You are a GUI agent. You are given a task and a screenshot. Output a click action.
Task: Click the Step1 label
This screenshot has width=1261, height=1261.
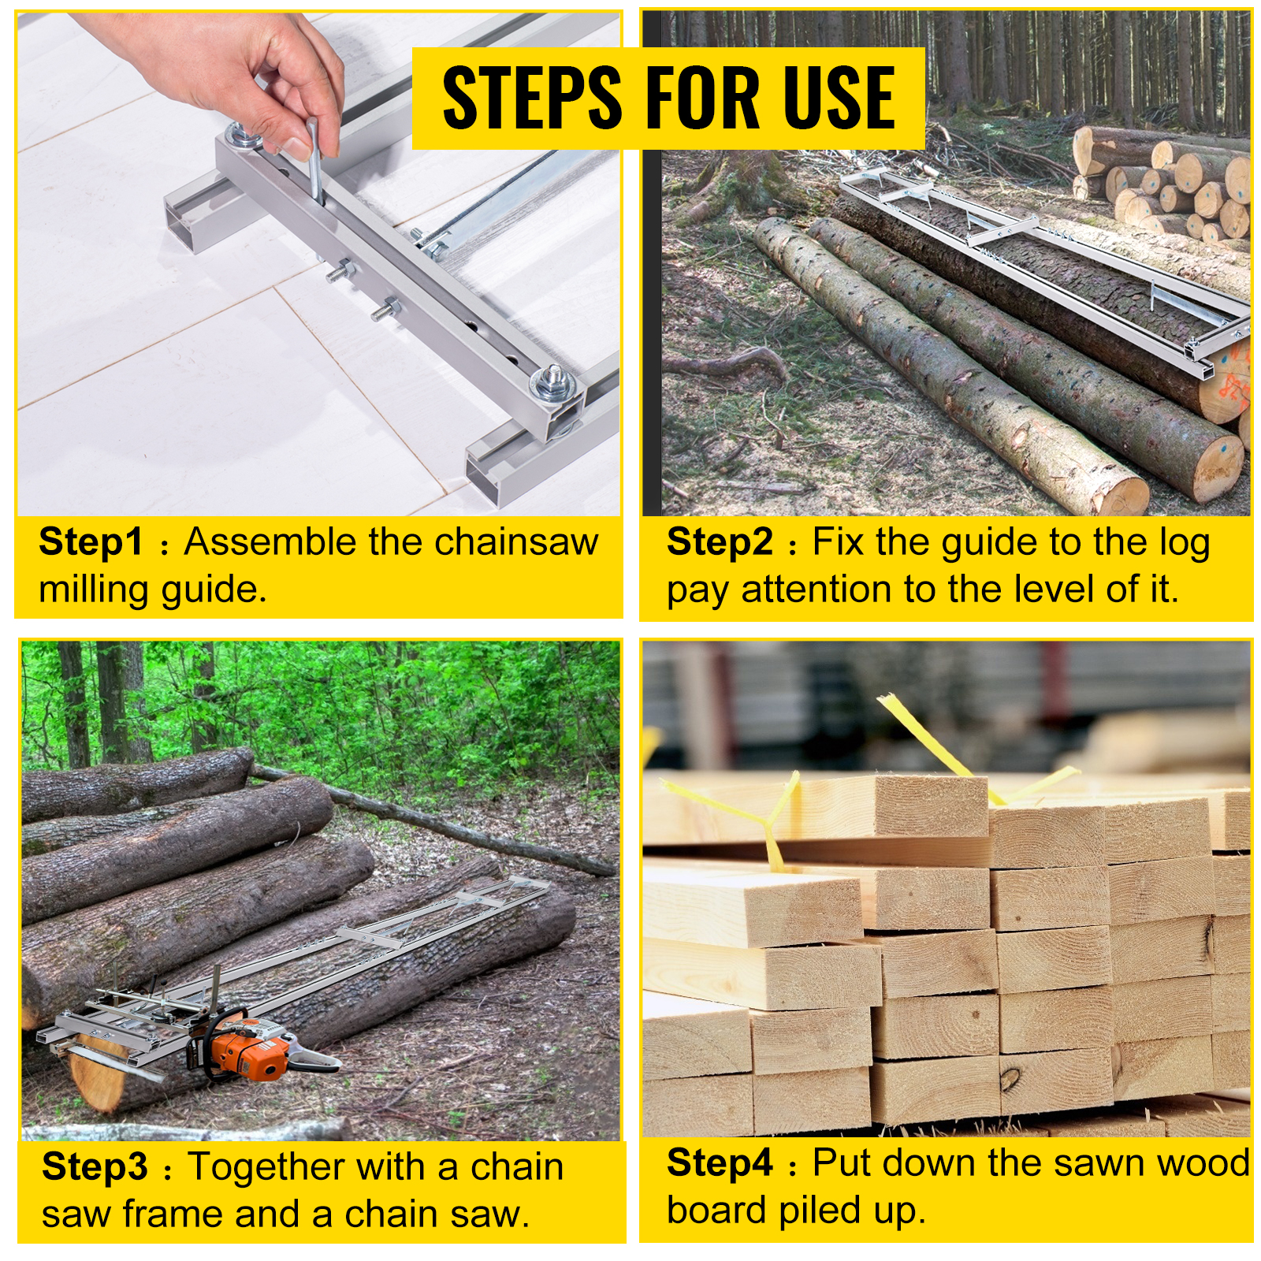(91, 542)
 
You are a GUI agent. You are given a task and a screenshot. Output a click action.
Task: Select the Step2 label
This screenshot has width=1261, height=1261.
(719, 542)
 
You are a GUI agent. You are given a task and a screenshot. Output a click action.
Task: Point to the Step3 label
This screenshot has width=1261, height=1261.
(95, 1166)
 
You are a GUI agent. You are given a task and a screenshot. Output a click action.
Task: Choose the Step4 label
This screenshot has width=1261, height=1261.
(719, 1163)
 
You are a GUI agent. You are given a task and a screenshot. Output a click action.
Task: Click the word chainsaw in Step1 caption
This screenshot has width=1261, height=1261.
(515, 542)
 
